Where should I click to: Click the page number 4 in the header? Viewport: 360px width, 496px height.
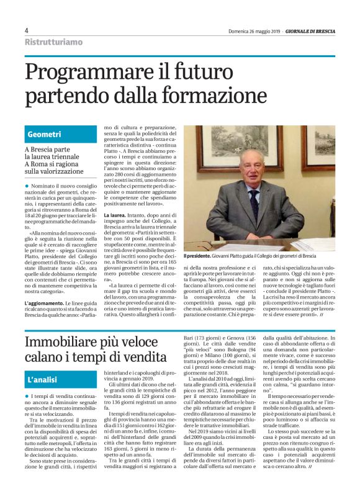coord(27,30)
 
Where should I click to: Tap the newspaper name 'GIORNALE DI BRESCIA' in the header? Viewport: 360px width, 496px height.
coord(308,30)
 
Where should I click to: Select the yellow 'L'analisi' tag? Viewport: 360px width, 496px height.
coord(43,379)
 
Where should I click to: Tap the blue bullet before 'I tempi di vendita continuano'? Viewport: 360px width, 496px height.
coord(27,396)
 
